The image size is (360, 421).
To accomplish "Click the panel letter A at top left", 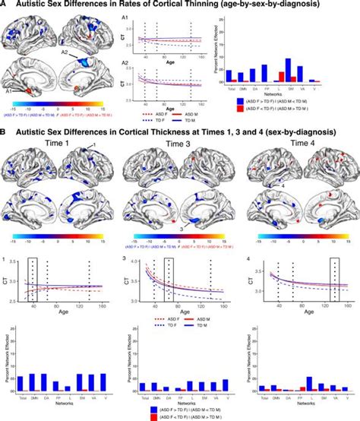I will pos(5,5).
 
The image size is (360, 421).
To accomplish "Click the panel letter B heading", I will pos(5,131).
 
